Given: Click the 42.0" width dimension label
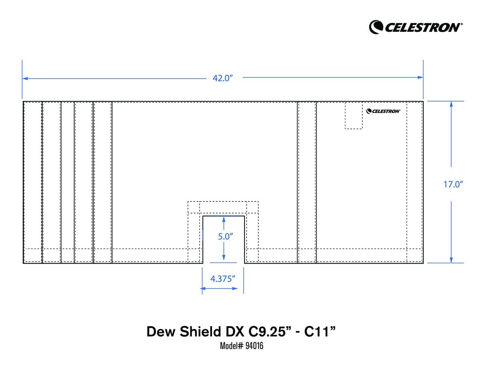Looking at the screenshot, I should click(223, 78).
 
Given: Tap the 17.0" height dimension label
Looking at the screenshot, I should click(453, 185).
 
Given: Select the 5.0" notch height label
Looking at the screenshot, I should click(226, 236).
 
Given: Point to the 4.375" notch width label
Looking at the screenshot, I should click(223, 278).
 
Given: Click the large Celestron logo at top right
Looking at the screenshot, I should click(416, 27).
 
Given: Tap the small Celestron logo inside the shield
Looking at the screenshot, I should click(383, 111).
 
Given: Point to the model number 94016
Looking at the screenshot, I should click(253, 346).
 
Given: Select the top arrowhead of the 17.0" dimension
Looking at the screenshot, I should click(451, 104).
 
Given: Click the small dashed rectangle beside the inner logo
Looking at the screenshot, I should click(353, 116).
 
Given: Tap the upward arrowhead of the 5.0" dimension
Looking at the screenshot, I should click(224, 219).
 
